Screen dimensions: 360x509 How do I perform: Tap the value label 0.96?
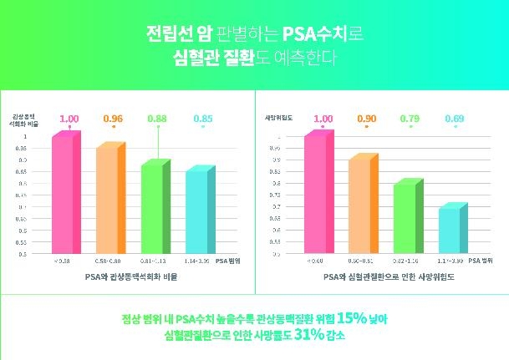pos(112,119)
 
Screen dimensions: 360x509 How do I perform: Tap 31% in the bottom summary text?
pos(295,336)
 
